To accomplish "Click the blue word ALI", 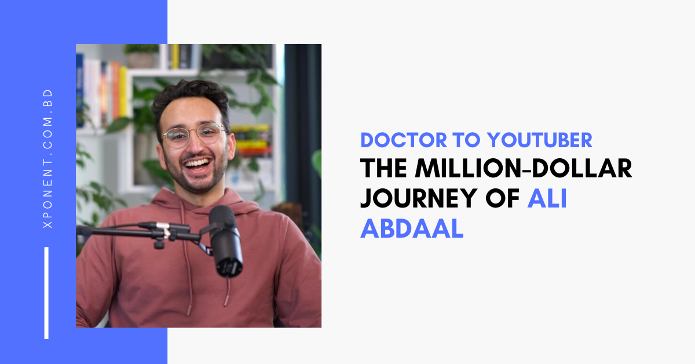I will pyautogui.click(x=547, y=199).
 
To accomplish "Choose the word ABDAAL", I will pyautogui.click(x=412, y=229).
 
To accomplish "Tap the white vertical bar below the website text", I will pyautogui.click(x=46, y=293).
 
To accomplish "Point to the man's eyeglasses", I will pyautogui.click(x=193, y=134).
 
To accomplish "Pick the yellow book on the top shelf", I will pyautogui.click(x=174, y=57).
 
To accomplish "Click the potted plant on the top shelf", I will pyautogui.click(x=139, y=55).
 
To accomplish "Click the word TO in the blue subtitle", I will pyautogui.click(x=457, y=140).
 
